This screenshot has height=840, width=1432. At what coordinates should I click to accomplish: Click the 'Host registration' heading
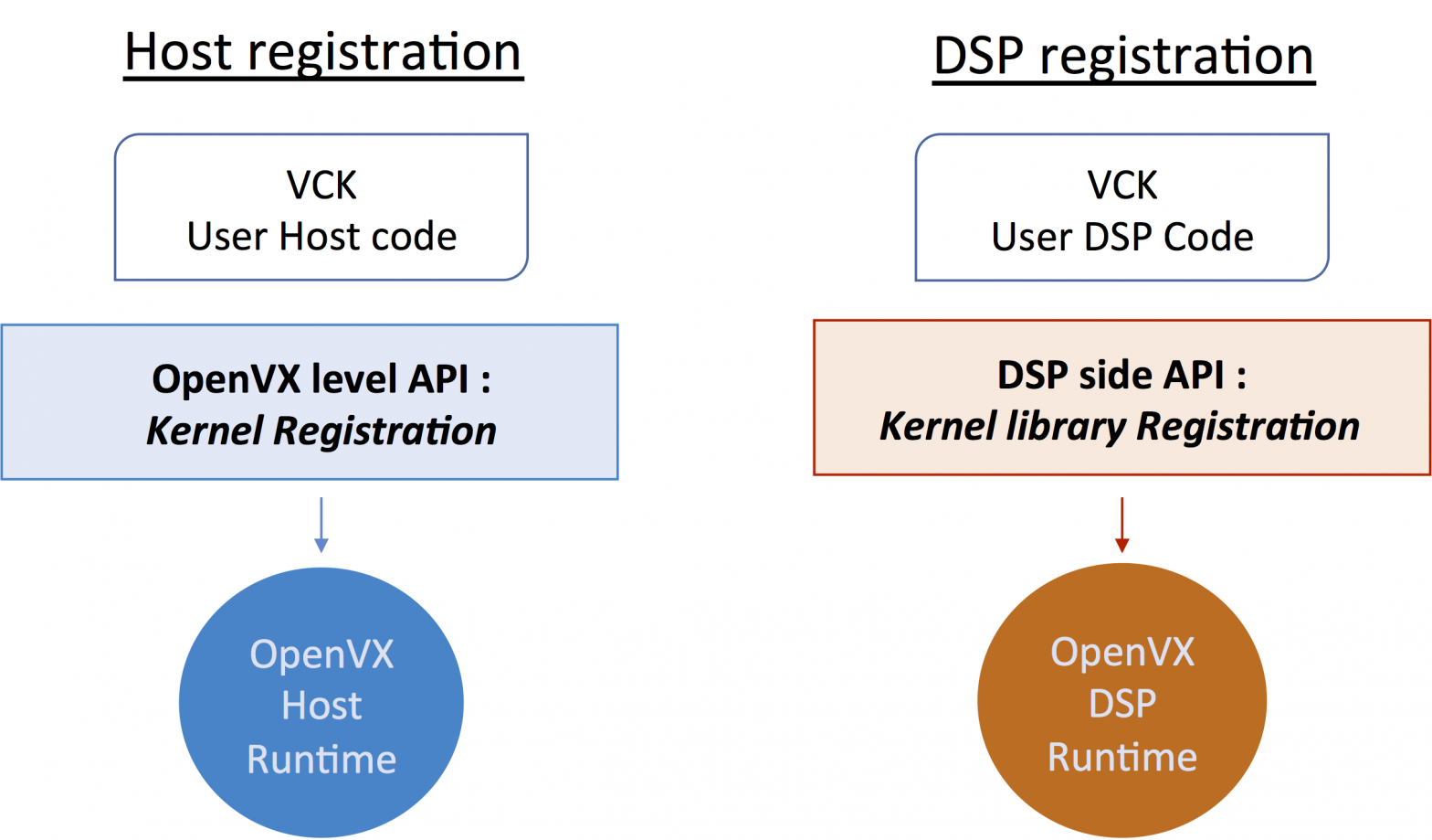[322, 52]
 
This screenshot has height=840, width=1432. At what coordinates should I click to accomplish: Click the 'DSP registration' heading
[1122, 57]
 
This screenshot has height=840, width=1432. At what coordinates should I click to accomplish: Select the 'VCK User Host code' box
[321, 207]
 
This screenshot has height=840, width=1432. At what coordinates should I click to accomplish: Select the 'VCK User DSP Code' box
[1121, 207]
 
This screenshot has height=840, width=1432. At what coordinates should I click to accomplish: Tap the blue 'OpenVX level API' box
[310, 402]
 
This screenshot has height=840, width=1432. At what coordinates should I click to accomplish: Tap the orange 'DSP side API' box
[1121, 398]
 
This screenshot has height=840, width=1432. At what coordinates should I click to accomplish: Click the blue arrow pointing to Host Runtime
[321, 525]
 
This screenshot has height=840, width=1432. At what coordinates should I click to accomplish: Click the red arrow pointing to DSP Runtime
[1121, 525]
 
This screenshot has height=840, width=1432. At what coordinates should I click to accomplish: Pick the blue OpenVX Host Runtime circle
[321, 702]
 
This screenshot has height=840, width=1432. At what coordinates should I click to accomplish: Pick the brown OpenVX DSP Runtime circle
[1121, 700]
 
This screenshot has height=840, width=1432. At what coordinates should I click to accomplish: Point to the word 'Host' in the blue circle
[321, 706]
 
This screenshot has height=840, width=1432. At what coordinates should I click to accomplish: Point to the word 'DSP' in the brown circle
[1122, 704]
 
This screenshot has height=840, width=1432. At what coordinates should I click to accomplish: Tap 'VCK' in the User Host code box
[321, 185]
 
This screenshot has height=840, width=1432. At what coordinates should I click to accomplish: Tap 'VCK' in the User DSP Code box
[1121, 185]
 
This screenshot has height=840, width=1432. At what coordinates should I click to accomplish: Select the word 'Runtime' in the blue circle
[321, 760]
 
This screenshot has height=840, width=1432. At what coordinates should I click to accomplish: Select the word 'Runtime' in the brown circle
[1121, 757]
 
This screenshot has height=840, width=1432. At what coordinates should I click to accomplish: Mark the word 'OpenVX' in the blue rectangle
[226, 379]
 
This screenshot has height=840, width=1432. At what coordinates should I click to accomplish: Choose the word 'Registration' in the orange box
[1248, 427]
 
